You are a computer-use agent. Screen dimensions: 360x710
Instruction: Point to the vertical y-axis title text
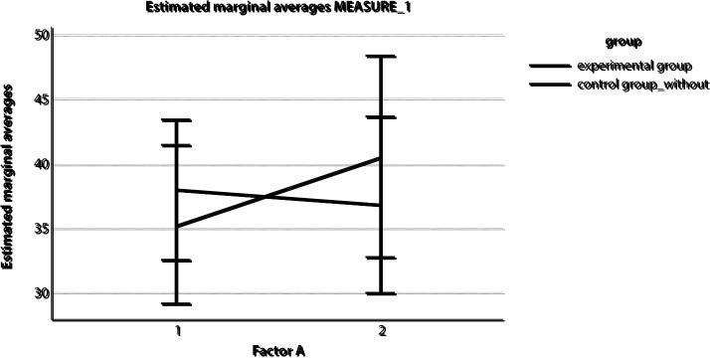[x=13, y=177]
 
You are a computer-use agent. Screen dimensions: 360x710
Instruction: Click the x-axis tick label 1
[x=176, y=328]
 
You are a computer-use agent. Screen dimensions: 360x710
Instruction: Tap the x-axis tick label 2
[x=381, y=328]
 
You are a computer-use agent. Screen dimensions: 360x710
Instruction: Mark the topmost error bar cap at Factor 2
[x=381, y=57]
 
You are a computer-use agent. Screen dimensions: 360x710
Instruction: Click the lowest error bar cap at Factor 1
[x=176, y=303]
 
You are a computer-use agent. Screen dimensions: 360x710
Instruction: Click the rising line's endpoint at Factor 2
[x=381, y=158]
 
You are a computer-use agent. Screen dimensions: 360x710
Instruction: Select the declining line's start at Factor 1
[x=176, y=190]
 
